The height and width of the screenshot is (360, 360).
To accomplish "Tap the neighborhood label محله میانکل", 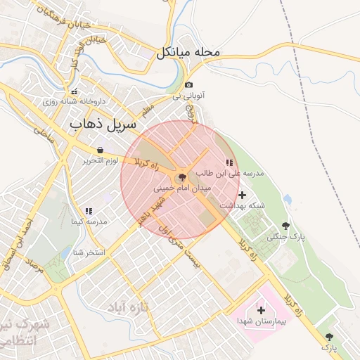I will click(x=188, y=52).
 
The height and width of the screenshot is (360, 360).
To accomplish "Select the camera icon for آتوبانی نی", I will click(x=188, y=85).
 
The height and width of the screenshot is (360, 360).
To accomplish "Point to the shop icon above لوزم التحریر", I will click(x=101, y=150).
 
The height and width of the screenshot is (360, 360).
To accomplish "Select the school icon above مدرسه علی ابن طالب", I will click(x=229, y=162).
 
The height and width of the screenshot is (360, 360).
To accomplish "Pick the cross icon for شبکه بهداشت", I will click(x=243, y=195).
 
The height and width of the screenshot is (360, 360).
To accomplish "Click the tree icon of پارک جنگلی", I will click(x=285, y=226).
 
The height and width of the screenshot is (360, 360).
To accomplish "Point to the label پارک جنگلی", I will click(x=285, y=237).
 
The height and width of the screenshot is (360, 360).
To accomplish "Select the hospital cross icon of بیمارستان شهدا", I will click(x=261, y=310).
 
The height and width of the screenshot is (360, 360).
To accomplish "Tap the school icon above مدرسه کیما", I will click(x=89, y=211).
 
